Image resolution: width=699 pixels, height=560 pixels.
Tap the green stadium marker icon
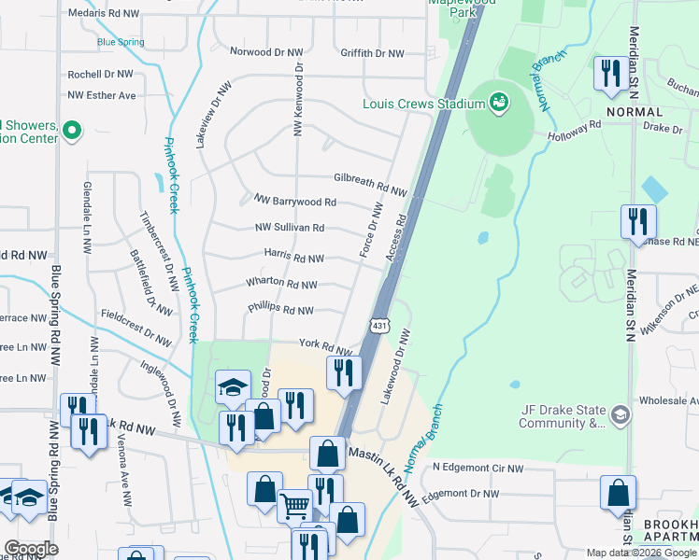point(498,100)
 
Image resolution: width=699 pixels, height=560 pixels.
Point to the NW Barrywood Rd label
point(294,201)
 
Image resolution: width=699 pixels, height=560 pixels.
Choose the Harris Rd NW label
point(293,258)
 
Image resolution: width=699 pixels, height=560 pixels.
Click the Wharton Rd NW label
point(281,284)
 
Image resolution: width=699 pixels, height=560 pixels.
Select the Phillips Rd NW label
point(280,310)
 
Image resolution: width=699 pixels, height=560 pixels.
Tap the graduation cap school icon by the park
point(233,386)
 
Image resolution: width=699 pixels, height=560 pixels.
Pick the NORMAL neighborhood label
point(634,111)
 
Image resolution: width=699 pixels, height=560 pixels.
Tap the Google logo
point(31,548)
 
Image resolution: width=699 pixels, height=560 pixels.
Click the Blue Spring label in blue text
point(120,42)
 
